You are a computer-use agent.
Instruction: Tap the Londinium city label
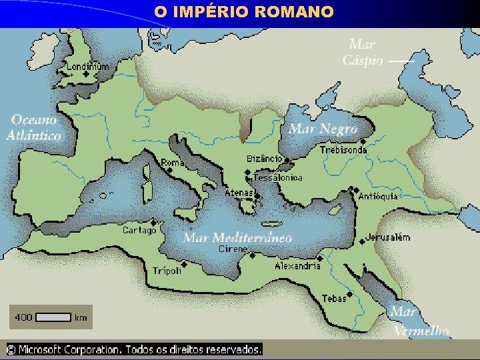click(87, 66)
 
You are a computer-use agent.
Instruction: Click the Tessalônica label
click(278, 178)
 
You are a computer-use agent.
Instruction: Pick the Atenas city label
click(238, 193)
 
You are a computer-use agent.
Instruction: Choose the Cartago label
click(139, 230)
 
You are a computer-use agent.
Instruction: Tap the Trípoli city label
click(167, 271)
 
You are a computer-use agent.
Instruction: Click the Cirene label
click(233, 249)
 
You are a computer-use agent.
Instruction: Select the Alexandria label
click(297, 266)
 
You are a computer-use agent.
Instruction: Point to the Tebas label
click(334, 298)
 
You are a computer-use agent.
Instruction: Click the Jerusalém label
click(388, 237)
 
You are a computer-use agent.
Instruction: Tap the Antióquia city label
click(378, 196)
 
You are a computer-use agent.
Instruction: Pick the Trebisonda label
click(343, 150)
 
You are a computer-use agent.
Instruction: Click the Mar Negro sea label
click(323, 129)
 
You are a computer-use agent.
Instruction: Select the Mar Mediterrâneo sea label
click(237, 237)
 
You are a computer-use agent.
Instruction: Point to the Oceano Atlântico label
click(34, 127)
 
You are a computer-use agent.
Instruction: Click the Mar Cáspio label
click(363, 53)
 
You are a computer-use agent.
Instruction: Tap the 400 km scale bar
click(51, 317)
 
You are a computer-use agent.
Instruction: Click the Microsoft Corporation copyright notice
click(134, 349)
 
